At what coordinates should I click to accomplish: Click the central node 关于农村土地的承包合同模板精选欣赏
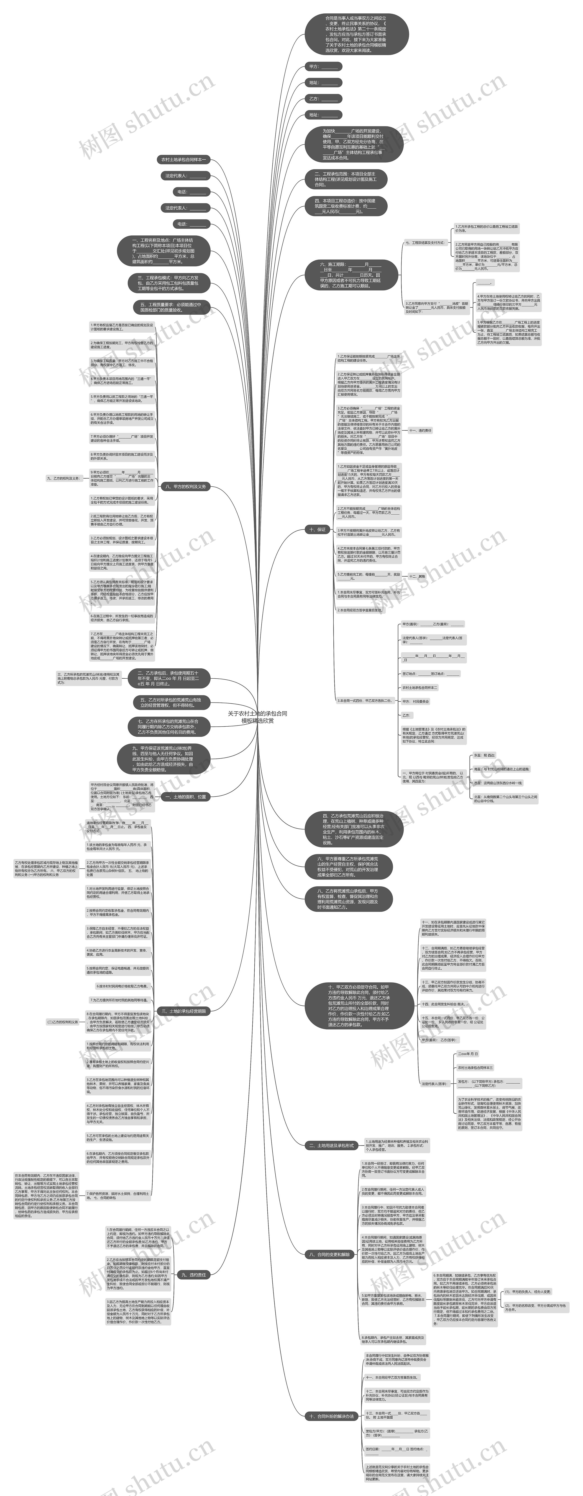pyautogui.click(x=258, y=717)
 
